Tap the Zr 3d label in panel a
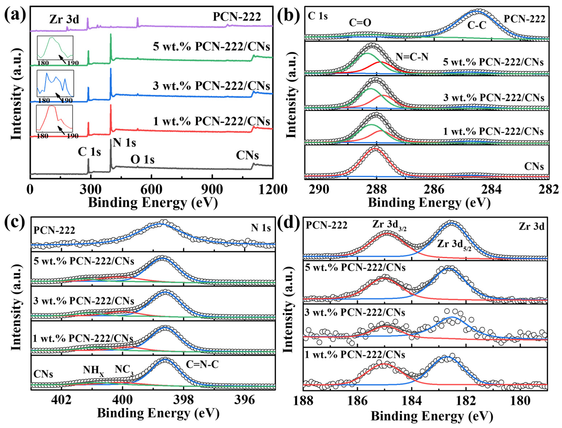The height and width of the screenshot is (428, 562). pos(64,19)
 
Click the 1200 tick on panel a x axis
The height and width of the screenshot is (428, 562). pos(272,190)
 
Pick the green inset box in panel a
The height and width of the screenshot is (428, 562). pos(55,48)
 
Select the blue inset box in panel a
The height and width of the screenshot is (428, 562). pos(55,83)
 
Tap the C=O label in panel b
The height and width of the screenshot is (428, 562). pos(360,23)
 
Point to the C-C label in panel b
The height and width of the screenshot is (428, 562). pos(476,25)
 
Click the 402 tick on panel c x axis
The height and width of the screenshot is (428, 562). pos(61,400)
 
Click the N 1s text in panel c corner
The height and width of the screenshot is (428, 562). pos(261,228)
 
